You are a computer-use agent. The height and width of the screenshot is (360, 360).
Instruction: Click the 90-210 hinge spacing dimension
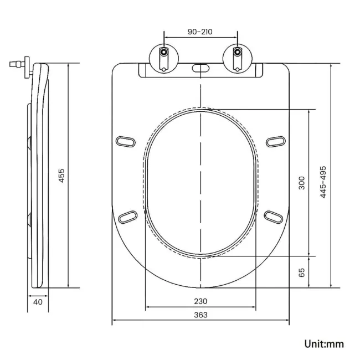(x=200, y=32)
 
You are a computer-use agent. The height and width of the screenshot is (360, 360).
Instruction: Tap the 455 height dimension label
(x=62, y=176)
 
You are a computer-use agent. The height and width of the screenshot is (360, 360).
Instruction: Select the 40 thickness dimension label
(x=38, y=302)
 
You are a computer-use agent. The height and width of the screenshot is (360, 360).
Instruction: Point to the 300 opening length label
(x=302, y=183)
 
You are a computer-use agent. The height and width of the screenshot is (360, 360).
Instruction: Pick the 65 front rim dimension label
(x=302, y=272)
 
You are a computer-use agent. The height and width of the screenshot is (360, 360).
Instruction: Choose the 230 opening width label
(x=200, y=301)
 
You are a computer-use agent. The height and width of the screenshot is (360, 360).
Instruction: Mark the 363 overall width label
(x=200, y=315)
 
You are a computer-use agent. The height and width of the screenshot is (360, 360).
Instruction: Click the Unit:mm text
(x=324, y=344)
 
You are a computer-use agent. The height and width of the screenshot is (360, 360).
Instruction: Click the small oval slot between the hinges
(x=200, y=69)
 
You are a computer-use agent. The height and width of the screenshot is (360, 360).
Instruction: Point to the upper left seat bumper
(x=127, y=141)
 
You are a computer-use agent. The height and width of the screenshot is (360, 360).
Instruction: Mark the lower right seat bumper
(x=274, y=215)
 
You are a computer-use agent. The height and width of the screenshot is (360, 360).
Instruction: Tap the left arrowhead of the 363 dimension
(x=114, y=321)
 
